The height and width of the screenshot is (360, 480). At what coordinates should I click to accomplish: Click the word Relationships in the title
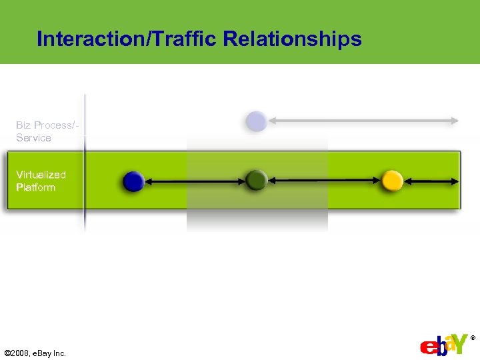tap(292, 39)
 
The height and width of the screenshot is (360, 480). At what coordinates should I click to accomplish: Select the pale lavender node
tap(256, 121)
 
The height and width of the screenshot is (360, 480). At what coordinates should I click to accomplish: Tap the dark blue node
tap(133, 181)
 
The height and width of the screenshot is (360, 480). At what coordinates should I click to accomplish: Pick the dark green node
tap(256, 180)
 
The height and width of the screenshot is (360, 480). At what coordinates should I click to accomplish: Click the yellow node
tap(392, 180)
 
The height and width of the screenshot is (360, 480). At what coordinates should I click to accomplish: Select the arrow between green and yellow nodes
tap(324, 180)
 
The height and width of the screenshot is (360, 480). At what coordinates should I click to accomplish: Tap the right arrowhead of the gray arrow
tap(455, 121)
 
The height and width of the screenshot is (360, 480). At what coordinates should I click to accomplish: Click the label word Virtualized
tap(41, 175)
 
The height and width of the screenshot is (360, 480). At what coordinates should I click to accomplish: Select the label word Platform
tap(36, 187)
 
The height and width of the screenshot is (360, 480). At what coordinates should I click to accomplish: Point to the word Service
tap(34, 138)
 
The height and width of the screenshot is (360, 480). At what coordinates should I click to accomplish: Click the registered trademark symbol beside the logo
tap(473, 338)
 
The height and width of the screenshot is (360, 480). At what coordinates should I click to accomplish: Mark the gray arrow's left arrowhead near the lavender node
tap(273, 121)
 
